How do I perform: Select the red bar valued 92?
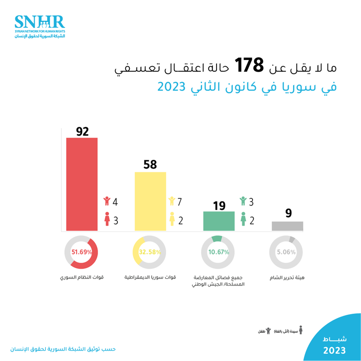[82, 184]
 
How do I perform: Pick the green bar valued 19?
[219, 221]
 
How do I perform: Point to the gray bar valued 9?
[287, 226]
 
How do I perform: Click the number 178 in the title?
[249, 65]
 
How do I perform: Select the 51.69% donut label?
[81, 252]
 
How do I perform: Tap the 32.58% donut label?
[150, 252]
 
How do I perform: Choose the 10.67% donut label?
[218, 252]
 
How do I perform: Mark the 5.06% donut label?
[287, 252]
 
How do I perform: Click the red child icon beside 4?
[107, 202]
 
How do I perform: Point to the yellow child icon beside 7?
[172, 202]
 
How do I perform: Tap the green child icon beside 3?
[243, 202]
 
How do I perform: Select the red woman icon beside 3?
[107, 220]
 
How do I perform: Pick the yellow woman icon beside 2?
[172, 220]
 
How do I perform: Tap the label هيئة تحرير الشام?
[287, 277]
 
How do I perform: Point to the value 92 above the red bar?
[82, 131]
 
